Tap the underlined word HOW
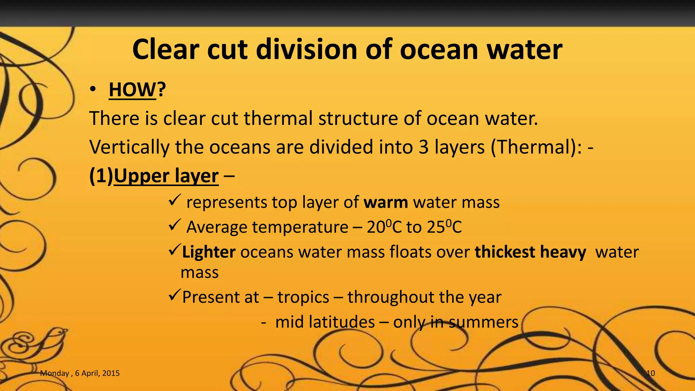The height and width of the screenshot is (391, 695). coord(132,90)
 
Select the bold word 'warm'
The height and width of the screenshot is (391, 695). coord(386,202)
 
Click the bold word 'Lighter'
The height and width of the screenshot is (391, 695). coord(209,252)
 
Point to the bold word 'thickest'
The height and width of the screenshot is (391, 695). coord(505,252)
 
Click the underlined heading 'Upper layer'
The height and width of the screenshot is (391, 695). coord(166,176)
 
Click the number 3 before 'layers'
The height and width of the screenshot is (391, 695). coord(423,147)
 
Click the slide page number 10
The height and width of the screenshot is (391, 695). coord(650,373)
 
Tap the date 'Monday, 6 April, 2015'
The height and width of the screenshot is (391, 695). coord(80,373)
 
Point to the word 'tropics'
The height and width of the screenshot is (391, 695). coord(303,297)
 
